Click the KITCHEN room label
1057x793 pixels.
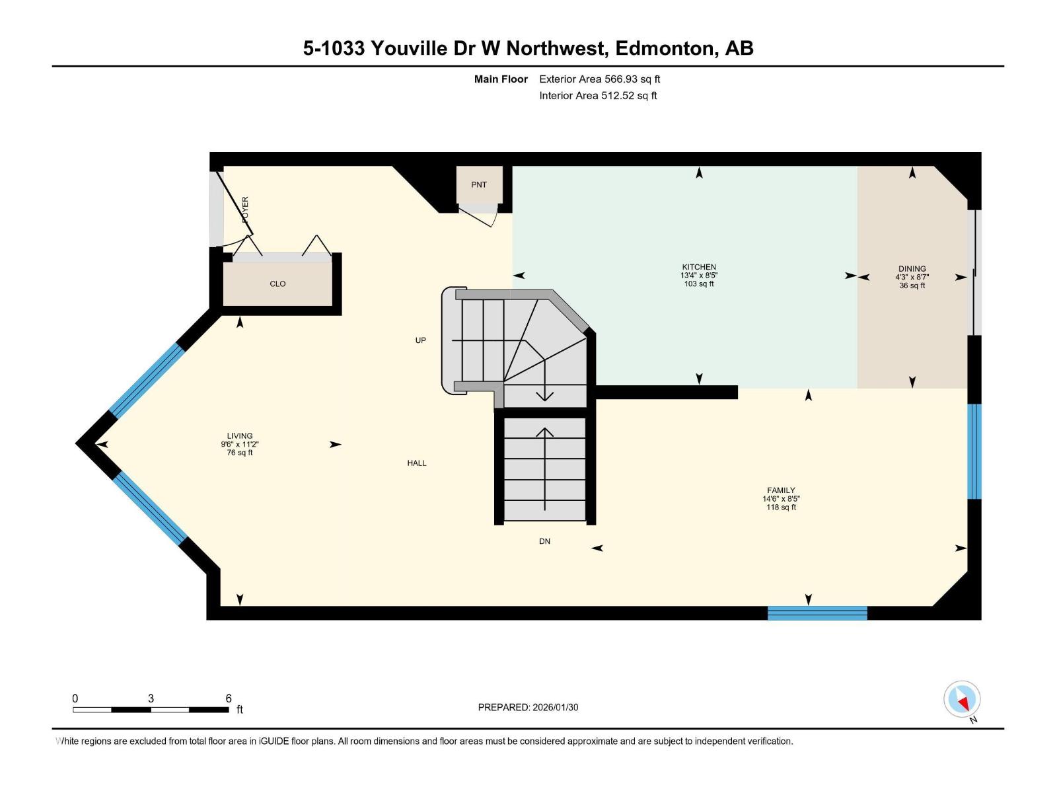699,267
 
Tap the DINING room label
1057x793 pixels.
912,269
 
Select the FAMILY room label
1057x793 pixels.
781,490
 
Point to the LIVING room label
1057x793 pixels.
240,435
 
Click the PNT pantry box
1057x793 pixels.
479,185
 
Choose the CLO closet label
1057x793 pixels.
277,283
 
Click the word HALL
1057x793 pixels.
416,463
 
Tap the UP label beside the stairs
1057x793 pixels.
420,340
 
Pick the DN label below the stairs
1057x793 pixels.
544,541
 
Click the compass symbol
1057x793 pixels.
962,699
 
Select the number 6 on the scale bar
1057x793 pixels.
229,699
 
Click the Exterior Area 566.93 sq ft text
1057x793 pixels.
599,79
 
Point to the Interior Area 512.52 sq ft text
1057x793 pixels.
598,96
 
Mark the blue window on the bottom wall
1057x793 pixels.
817,613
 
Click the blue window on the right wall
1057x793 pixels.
974,451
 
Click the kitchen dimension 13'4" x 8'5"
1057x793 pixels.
699,276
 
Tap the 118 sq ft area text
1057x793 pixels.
781,508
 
